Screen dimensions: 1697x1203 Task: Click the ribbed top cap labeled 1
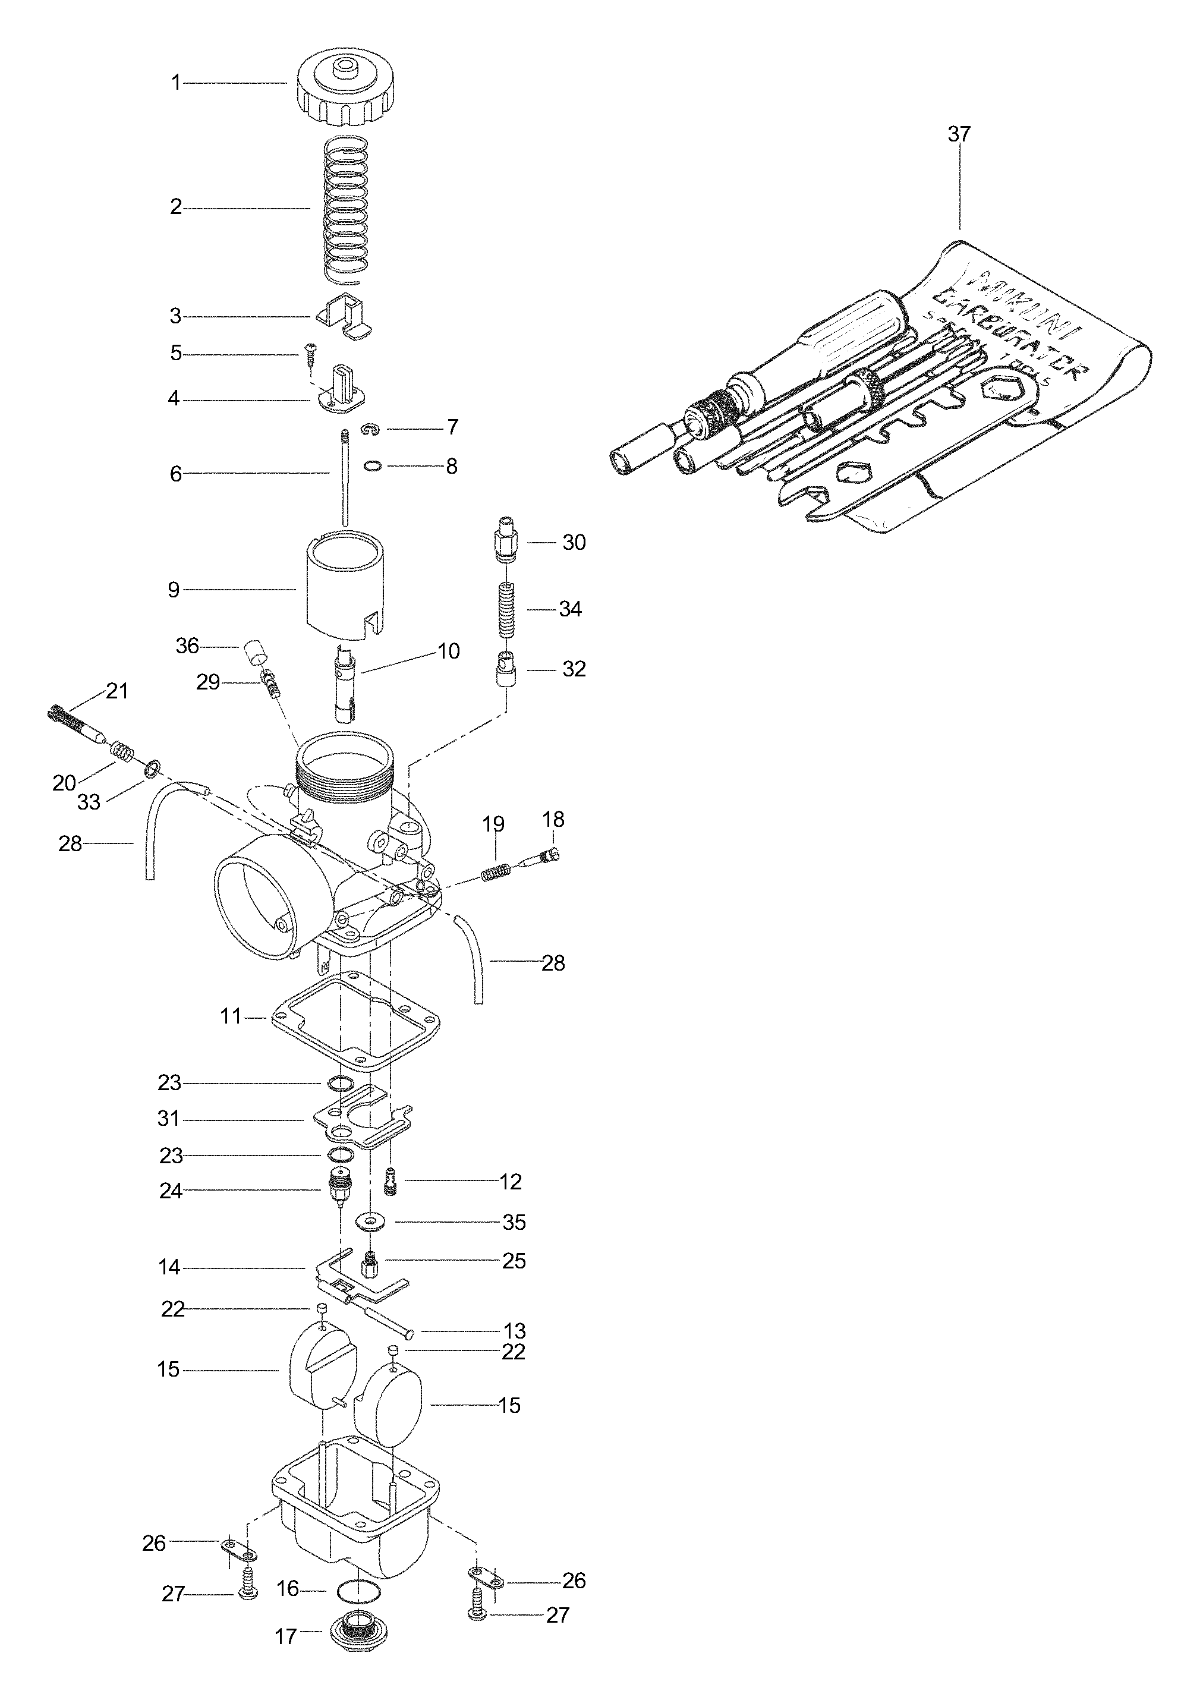coord(345,93)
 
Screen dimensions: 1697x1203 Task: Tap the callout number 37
coord(959,134)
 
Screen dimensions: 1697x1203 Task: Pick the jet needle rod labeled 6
coord(345,474)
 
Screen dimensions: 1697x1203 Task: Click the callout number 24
coord(171,1191)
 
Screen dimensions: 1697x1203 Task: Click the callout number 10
coord(449,650)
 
